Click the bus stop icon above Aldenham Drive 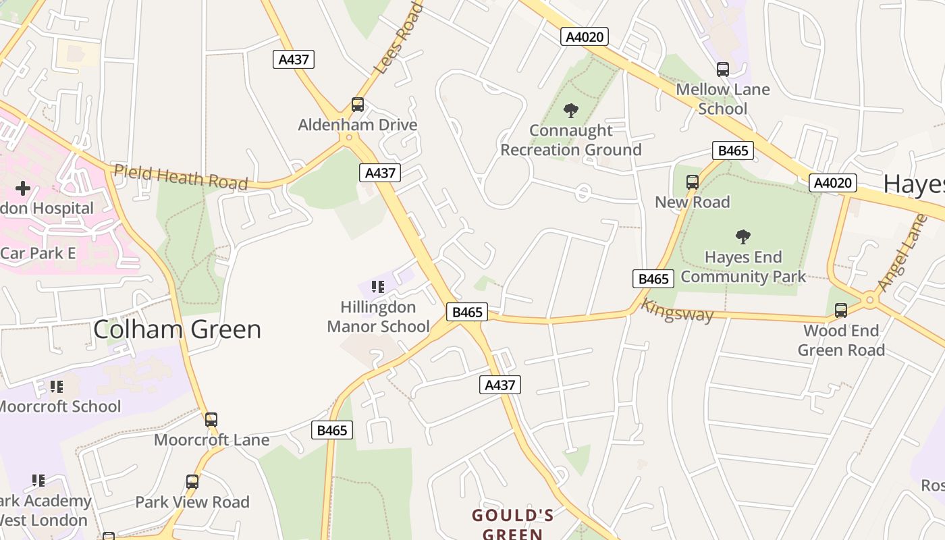358,105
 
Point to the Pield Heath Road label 180,177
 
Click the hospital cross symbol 23,188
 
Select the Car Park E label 38,253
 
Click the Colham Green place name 177,329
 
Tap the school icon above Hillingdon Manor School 378,287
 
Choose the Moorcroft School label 59,406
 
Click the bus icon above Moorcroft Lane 211,420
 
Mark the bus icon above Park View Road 192,482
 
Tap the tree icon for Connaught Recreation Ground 571,110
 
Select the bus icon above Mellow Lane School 723,69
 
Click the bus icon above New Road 693,182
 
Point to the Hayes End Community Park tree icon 743,237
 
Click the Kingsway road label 676,310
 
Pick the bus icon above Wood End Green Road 841,310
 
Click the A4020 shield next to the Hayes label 834,183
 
